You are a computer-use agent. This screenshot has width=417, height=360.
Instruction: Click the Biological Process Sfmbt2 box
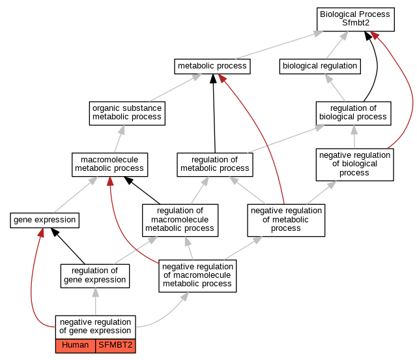click(x=356, y=20)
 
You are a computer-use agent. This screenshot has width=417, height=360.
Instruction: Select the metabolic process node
click(x=212, y=67)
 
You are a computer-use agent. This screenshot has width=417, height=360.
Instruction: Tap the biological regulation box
click(x=320, y=67)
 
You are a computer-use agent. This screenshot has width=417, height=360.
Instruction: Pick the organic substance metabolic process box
click(x=127, y=113)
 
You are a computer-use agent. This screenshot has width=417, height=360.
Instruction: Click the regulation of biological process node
click(x=353, y=113)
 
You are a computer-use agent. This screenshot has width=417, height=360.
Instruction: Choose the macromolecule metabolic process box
click(x=109, y=164)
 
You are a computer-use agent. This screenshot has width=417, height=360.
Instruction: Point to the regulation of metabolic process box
click(x=215, y=164)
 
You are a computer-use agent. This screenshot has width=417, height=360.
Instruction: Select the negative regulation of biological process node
click(x=354, y=164)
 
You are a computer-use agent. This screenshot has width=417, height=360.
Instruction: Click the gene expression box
click(x=45, y=220)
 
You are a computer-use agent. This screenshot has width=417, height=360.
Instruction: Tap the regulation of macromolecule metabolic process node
click(x=180, y=220)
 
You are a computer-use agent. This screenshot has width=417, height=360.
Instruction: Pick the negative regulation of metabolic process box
click(x=286, y=220)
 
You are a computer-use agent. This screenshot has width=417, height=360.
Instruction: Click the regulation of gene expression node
click(x=95, y=276)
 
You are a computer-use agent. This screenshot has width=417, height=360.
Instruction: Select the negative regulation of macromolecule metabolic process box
click(x=197, y=276)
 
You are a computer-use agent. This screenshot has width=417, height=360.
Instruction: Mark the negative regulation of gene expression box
click(x=96, y=327)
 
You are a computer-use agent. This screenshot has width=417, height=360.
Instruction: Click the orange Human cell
click(x=76, y=346)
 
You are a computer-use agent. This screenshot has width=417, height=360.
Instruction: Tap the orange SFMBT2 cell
click(x=115, y=346)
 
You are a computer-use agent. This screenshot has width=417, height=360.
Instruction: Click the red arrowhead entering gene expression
click(x=41, y=232)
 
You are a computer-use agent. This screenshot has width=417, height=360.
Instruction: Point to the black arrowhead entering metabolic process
click(x=213, y=79)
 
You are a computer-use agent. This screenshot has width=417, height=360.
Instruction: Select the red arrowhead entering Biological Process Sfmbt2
click(x=375, y=35)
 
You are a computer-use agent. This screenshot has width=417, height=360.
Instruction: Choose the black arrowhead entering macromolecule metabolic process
click(x=128, y=180)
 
